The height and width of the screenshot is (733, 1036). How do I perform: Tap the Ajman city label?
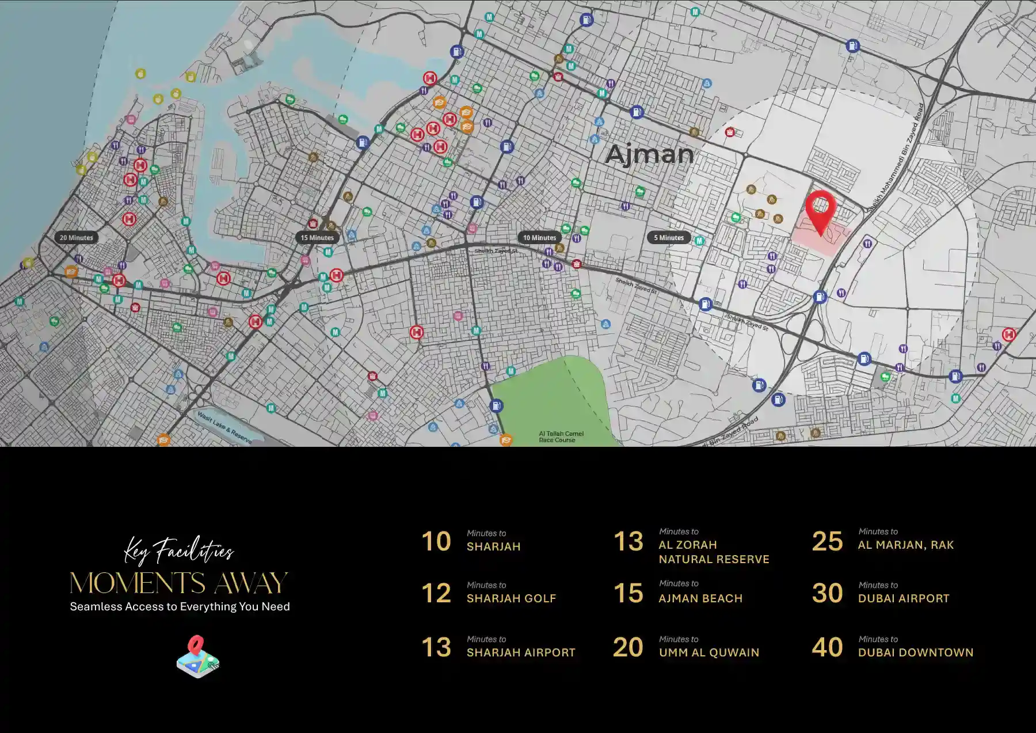click(x=650, y=154)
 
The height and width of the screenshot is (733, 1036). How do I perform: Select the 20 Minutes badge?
click(x=77, y=237)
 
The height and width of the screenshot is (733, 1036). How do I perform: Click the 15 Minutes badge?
click(x=317, y=237)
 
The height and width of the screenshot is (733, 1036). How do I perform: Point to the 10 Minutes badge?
click(x=539, y=237)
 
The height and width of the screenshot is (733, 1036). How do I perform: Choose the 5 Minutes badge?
click(x=669, y=237)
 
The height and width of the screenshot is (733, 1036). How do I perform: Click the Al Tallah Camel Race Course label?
click(x=561, y=436)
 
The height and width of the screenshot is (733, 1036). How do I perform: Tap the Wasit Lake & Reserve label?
click(x=224, y=427)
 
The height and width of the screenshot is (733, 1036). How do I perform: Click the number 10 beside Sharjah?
click(x=436, y=541)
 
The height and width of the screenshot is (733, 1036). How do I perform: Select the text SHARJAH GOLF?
click(x=511, y=598)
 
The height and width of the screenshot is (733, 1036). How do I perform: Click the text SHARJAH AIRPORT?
click(x=521, y=652)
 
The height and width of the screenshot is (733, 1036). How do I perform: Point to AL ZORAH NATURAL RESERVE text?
click(x=714, y=552)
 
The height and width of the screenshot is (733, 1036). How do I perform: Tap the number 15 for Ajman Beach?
click(x=628, y=593)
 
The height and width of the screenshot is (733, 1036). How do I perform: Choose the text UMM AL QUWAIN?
click(x=709, y=652)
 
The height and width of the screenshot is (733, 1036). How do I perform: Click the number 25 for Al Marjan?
click(x=827, y=541)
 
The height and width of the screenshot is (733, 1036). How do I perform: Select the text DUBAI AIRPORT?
click(x=904, y=598)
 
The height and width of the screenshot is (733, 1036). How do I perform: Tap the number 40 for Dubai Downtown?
click(x=827, y=647)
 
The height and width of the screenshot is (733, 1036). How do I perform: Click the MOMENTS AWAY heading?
click(x=179, y=583)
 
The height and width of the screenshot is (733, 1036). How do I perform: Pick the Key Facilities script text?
click(x=179, y=551)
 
